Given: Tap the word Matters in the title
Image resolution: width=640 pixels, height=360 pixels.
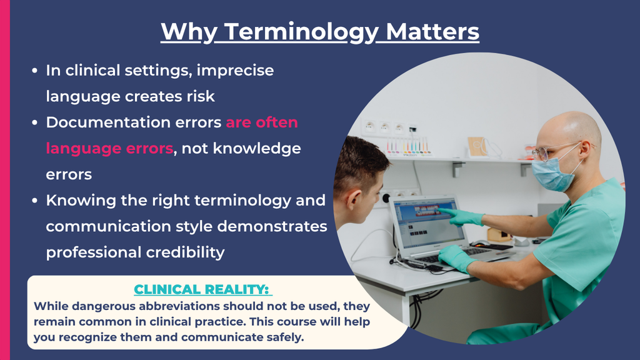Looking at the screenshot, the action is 432,31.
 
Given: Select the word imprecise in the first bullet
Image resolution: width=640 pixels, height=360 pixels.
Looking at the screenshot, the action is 235,71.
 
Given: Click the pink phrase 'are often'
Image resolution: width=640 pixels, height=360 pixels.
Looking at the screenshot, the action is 262,122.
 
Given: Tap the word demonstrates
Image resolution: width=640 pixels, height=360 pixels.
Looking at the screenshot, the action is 272,226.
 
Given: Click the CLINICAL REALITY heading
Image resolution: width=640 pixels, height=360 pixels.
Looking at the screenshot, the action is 202,289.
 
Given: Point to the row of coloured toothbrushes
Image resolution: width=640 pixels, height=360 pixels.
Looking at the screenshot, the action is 408,146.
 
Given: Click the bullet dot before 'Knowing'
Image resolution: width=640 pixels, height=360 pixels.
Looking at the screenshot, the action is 35,201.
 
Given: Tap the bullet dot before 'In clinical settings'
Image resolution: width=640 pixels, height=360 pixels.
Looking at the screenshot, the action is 35,71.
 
